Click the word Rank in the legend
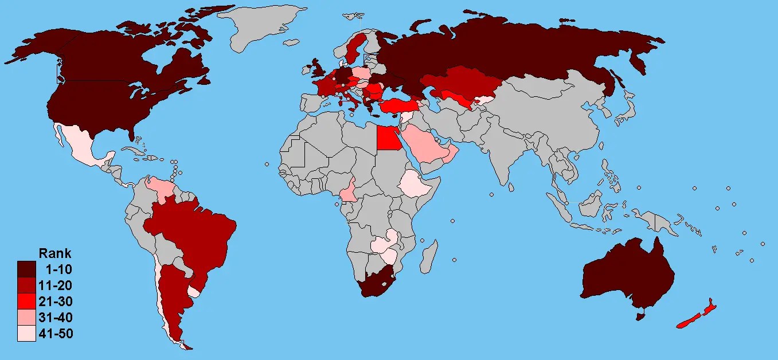54,253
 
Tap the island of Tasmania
642,315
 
